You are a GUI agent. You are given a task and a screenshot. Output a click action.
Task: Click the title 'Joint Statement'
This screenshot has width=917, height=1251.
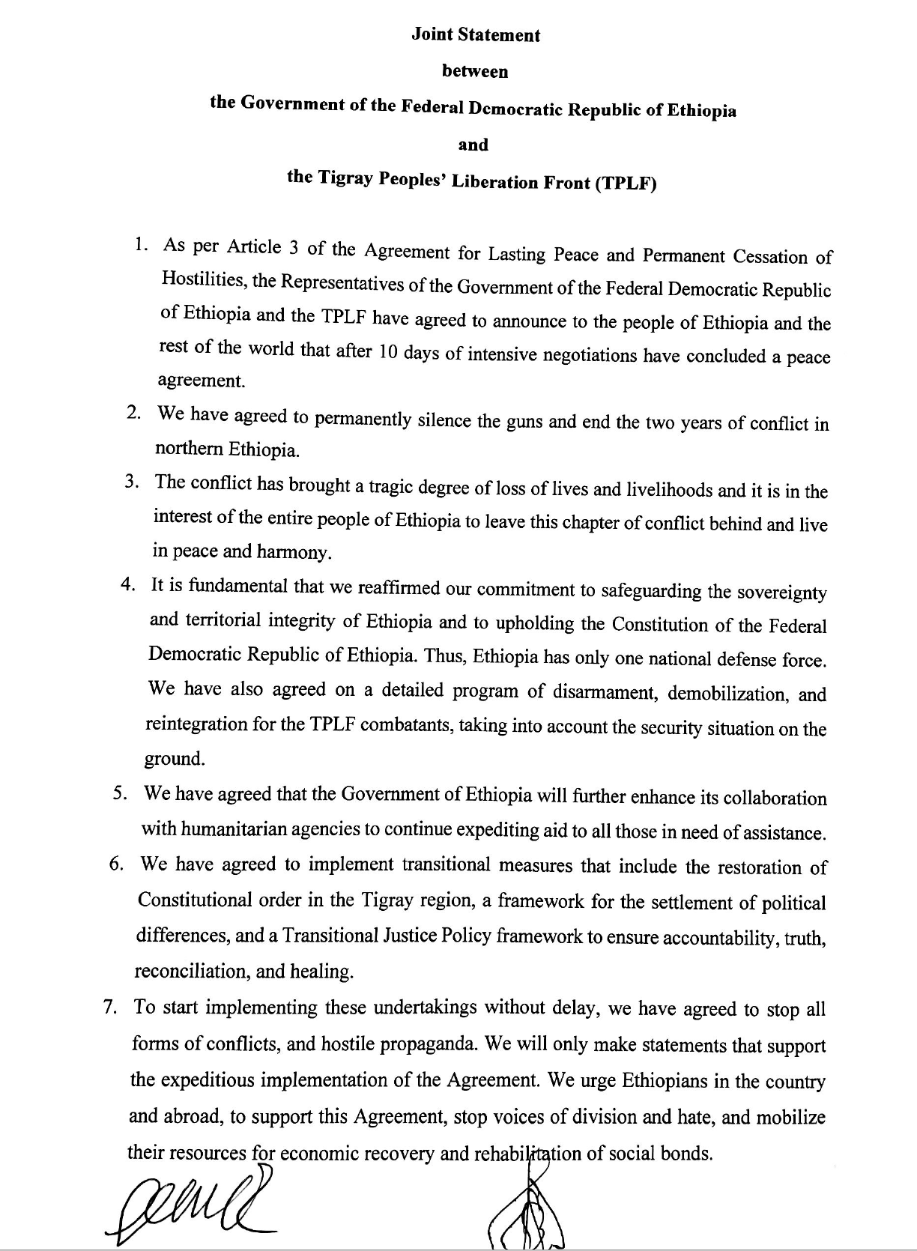point(475,35)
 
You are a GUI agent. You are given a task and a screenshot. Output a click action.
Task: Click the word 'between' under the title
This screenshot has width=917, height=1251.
point(475,72)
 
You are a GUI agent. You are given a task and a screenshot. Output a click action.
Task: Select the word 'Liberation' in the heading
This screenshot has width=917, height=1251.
point(494,181)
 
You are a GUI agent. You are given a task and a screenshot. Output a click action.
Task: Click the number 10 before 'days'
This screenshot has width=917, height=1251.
point(387,351)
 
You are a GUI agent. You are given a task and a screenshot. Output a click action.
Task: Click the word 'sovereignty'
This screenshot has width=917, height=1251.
point(782,593)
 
